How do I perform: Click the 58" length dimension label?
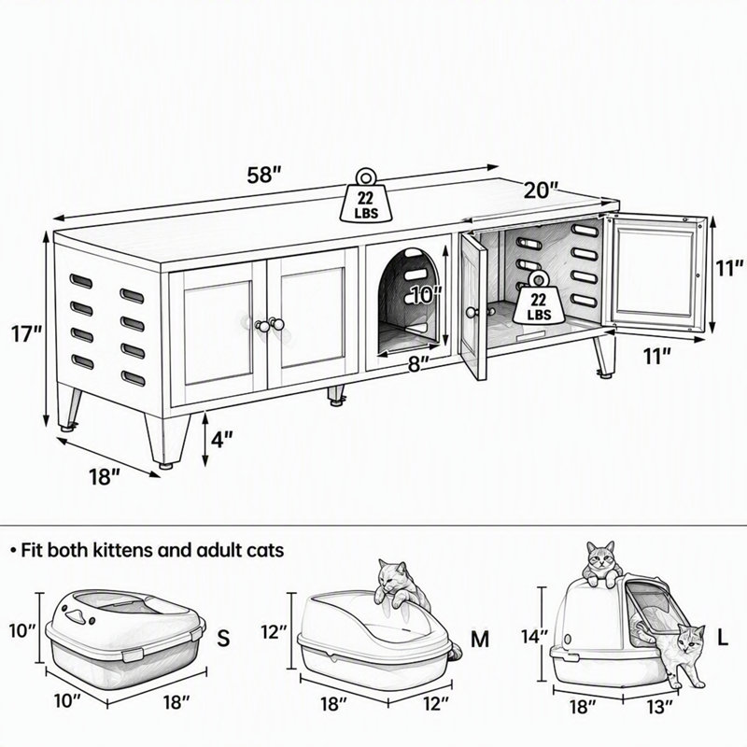264,175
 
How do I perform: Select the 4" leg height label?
222,439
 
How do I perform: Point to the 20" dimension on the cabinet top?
542,190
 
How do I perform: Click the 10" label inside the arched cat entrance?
427,294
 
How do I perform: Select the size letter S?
223,638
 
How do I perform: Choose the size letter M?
480,639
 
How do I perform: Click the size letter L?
723,638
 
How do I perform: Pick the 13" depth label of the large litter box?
658,706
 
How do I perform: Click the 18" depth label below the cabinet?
105,476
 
